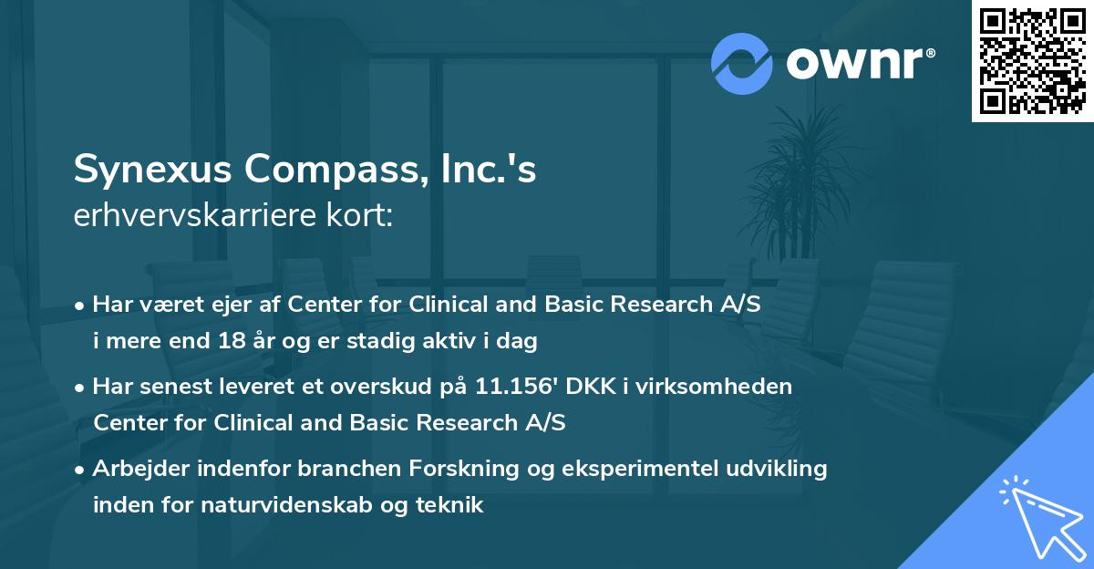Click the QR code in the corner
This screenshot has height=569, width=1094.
pos(1032,61)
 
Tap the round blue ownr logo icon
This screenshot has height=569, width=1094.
pos(742,63)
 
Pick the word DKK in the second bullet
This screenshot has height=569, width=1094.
pos(592,387)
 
